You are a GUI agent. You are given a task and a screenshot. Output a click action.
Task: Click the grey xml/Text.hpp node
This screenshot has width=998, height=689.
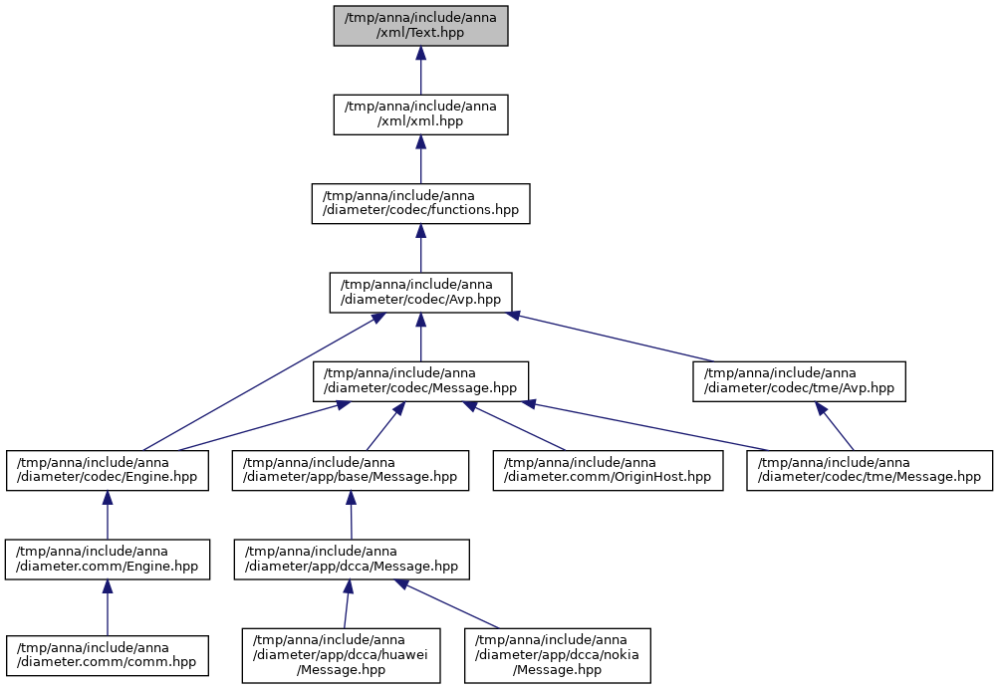(x=420, y=26)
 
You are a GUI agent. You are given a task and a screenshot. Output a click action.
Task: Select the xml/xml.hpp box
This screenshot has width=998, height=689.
(x=420, y=115)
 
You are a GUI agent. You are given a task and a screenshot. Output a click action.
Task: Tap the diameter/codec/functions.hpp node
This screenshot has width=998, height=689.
(x=420, y=203)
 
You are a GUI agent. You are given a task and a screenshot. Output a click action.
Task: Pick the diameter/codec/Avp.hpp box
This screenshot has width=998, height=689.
(x=420, y=293)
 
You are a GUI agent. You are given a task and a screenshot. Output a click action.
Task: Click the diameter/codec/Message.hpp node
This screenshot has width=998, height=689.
(x=420, y=381)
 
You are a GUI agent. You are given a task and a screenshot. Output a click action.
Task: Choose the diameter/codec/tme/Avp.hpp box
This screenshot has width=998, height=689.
(x=800, y=381)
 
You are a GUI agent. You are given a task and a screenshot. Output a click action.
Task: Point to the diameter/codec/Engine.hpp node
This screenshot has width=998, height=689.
(x=108, y=471)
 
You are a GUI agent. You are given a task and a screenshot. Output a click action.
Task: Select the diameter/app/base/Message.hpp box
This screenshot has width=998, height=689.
(x=351, y=471)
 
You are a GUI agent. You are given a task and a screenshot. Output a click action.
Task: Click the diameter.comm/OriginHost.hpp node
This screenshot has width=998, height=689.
(x=608, y=471)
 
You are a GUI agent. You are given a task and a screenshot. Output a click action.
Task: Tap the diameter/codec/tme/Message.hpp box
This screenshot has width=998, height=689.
(x=870, y=471)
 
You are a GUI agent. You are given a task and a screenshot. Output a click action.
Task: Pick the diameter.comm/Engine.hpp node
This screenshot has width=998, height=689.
(x=108, y=560)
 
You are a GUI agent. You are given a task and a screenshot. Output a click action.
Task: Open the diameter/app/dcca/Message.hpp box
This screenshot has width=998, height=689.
(x=352, y=560)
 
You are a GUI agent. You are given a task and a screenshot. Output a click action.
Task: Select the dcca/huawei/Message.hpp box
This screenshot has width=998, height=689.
(x=342, y=656)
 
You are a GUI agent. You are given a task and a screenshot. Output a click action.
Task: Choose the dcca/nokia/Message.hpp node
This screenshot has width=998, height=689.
(x=558, y=656)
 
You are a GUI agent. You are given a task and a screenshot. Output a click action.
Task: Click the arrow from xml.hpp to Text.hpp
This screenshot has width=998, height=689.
(x=420, y=71)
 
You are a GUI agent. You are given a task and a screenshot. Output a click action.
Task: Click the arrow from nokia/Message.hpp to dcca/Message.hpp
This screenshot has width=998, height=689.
(x=448, y=604)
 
